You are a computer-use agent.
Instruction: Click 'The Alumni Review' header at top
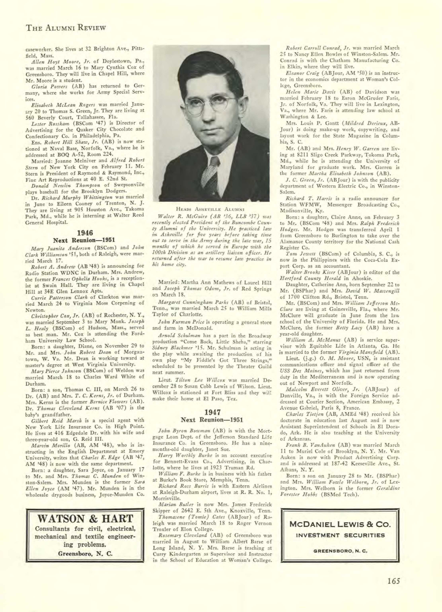tap(66, 28)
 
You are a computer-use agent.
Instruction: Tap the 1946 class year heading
tap(85, 233)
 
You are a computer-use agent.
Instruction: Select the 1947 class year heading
tap(213, 412)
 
